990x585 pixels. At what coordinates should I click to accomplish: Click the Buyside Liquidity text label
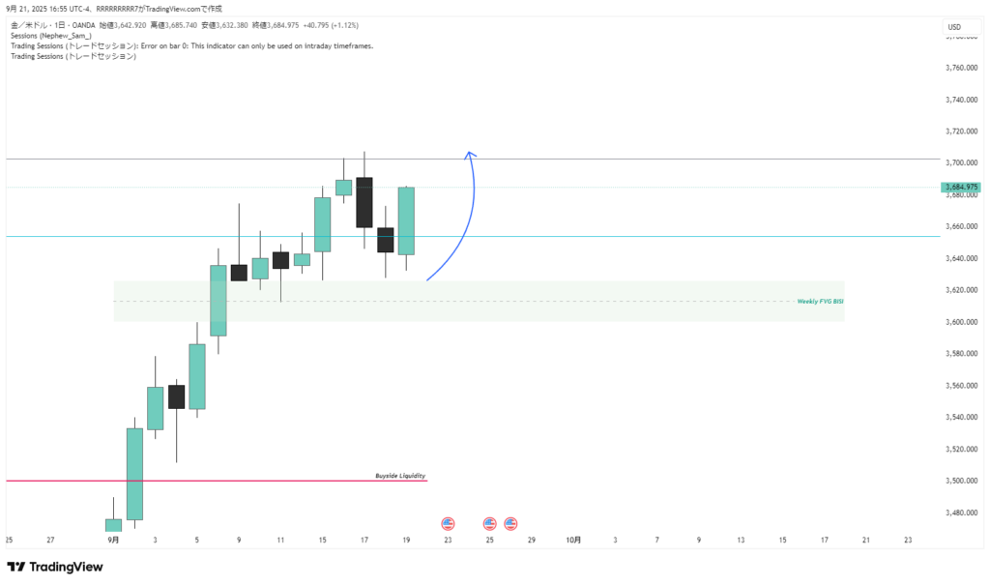(400, 476)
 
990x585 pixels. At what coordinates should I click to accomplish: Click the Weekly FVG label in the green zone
(820, 302)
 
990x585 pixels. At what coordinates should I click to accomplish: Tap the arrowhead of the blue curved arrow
(470, 154)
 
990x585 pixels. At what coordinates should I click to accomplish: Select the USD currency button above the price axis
(954, 27)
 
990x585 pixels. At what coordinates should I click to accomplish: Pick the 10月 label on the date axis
(573, 540)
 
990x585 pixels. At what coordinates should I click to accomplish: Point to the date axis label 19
(406, 540)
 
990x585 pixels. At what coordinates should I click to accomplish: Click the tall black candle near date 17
(364, 201)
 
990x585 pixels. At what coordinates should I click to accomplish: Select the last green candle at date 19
(406, 220)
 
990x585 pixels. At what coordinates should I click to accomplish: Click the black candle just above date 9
(239, 273)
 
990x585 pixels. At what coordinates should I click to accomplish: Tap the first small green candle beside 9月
(113, 525)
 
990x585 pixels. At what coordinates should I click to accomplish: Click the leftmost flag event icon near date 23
(448, 523)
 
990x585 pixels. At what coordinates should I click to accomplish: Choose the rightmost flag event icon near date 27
(510, 523)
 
